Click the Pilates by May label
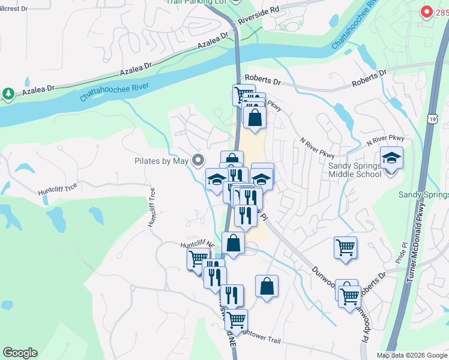pos(161,161)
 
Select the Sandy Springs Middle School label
pos(355,169)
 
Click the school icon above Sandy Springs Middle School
pos(392,158)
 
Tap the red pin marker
pos(426,11)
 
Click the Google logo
pos(20,353)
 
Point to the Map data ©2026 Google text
pos(412,355)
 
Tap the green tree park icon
pos(8,94)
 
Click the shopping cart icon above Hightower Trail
pos(236,319)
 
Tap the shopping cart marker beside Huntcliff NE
pos(199,259)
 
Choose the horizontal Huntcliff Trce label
pos(58,188)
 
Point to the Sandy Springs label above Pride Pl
pos(424,195)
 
